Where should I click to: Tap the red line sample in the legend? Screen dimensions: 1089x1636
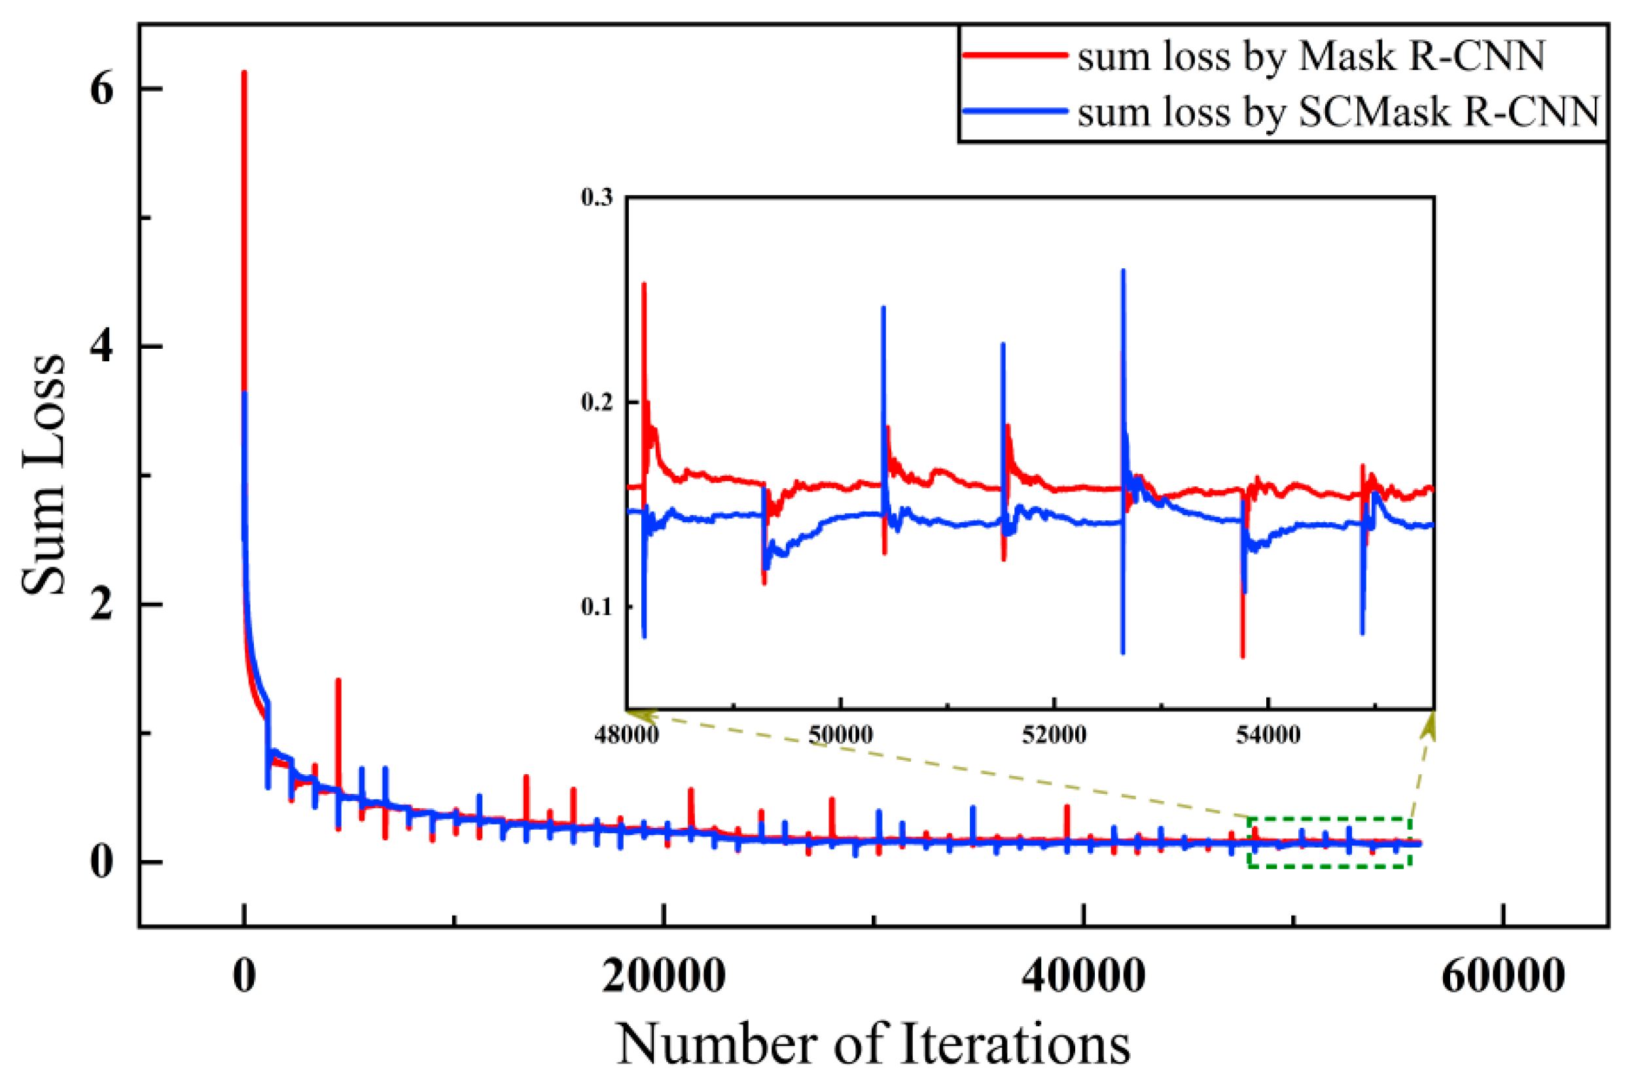pos(1014,55)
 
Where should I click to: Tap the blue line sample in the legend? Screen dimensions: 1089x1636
pos(1014,111)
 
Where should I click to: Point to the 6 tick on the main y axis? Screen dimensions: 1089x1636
pos(101,90)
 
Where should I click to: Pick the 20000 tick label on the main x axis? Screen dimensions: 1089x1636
pos(663,975)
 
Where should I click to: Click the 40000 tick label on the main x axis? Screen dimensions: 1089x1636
pos(1082,975)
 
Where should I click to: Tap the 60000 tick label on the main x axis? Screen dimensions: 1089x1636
pos(1503,975)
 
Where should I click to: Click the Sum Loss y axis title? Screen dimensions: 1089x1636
pos(43,476)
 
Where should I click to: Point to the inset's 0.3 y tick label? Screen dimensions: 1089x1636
pos(597,198)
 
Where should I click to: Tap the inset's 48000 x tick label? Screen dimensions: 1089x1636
pos(626,735)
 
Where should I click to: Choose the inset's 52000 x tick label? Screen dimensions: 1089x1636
pos(1054,735)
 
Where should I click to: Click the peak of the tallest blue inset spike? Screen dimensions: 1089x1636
pos(1123,271)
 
